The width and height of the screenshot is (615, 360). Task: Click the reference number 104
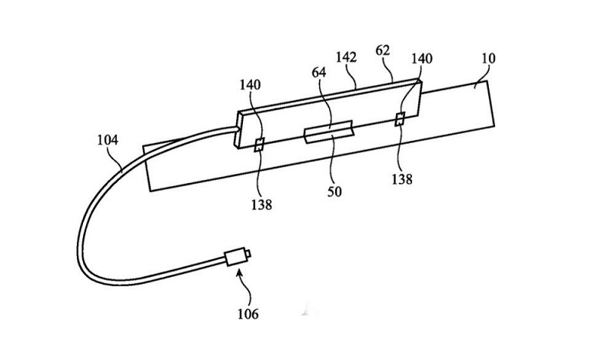pos(108,141)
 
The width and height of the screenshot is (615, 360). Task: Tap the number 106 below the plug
pos(248,314)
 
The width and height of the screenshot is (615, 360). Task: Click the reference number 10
pos(489,58)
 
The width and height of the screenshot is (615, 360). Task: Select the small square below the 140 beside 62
pos(400,119)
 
